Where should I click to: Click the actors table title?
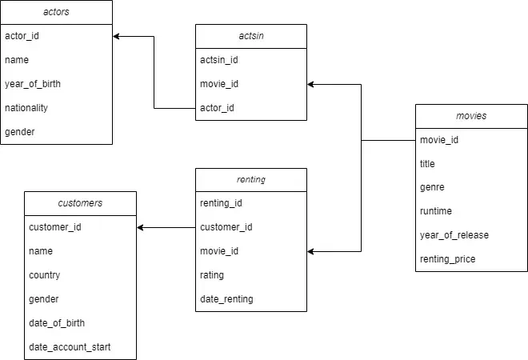[55, 12]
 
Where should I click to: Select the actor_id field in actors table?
[22, 36]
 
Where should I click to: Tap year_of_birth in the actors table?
[33, 84]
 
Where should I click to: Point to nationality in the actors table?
[26, 108]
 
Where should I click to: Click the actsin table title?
[250, 36]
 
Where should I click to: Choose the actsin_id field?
[219, 60]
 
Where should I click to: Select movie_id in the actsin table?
[219, 84]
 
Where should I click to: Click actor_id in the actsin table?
[218, 108]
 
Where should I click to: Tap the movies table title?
[471, 116]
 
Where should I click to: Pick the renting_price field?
[448, 259]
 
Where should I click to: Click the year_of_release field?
[454, 235]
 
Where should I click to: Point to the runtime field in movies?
[436, 211]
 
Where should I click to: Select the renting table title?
[250, 180]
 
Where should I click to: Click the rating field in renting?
[212, 275]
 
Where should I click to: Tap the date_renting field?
[226, 299]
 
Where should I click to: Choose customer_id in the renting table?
[226, 227]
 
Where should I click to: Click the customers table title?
[80, 203]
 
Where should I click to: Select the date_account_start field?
[70, 346]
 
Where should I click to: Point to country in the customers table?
[45, 275]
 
